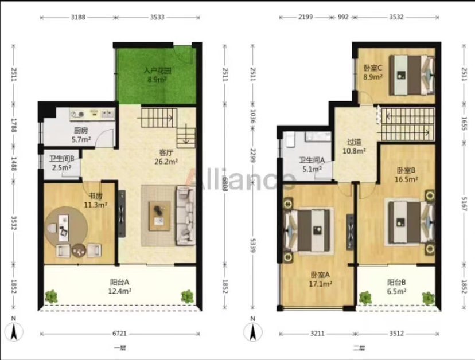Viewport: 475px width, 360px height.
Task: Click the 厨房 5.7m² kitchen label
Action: [x=81, y=135]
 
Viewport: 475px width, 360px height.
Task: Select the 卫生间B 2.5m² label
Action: [x=61, y=163]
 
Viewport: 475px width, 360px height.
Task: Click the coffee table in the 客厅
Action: [x=159, y=216]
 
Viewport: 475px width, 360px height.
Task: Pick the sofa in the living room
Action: [x=185, y=216]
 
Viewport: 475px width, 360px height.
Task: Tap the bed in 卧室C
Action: [x=411, y=75]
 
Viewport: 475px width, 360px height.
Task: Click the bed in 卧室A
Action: [x=308, y=230]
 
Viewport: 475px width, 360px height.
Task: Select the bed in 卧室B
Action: [x=411, y=222]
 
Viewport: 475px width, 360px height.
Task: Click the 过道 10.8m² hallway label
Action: [x=354, y=146]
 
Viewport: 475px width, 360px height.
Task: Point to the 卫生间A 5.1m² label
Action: [x=312, y=165]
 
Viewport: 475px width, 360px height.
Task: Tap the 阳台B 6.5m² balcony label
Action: [x=396, y=287]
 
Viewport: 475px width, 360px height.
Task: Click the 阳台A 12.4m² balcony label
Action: [x=120, y=287]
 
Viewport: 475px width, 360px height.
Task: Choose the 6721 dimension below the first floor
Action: [x=119, y=334]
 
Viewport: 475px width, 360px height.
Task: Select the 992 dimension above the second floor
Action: [x=343, y=17]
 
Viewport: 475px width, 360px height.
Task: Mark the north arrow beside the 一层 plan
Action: [x=14, y=331]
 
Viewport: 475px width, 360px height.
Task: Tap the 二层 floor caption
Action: [x=359, y=348]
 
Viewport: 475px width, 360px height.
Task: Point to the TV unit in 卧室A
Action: [x=350, y=232]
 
